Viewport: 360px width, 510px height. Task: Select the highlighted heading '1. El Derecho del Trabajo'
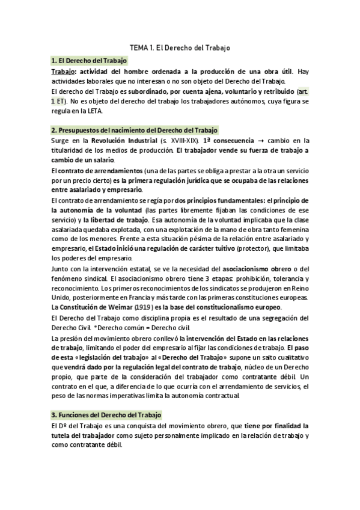point(90,61)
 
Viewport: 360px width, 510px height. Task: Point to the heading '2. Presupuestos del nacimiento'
point(135,130)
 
